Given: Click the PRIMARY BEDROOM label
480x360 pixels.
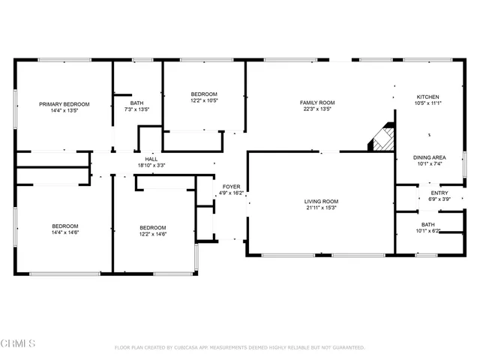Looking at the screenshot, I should (64, 103).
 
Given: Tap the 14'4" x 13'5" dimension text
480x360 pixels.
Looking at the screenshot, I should (64, 111).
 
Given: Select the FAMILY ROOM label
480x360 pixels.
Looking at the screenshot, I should (317, 102).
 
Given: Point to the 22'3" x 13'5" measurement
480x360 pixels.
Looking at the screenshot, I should (317, 109).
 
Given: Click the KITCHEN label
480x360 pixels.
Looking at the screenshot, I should (428, 97).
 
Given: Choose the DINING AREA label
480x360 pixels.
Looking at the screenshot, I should (430, 157).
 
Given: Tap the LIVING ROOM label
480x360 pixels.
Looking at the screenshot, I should (322, 201).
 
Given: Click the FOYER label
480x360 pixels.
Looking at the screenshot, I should (231, 186).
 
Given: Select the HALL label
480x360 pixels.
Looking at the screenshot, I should (151, 158).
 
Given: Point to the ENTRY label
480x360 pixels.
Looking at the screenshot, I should (439, 193).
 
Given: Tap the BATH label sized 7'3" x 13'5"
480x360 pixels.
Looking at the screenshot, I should (136, 103).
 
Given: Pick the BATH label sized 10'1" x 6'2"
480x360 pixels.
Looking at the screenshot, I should (427, 224).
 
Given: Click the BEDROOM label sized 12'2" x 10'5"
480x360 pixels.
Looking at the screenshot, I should (203, 94).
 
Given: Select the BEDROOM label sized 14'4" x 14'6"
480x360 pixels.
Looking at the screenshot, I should (64, 226).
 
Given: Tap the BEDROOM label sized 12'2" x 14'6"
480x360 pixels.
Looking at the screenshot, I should (152, 227).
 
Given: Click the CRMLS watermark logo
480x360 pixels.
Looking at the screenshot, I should (19, 343).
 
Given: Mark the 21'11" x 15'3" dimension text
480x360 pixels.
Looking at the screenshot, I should (322, 208).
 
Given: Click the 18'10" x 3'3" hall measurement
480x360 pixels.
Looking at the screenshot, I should (151, 166).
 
